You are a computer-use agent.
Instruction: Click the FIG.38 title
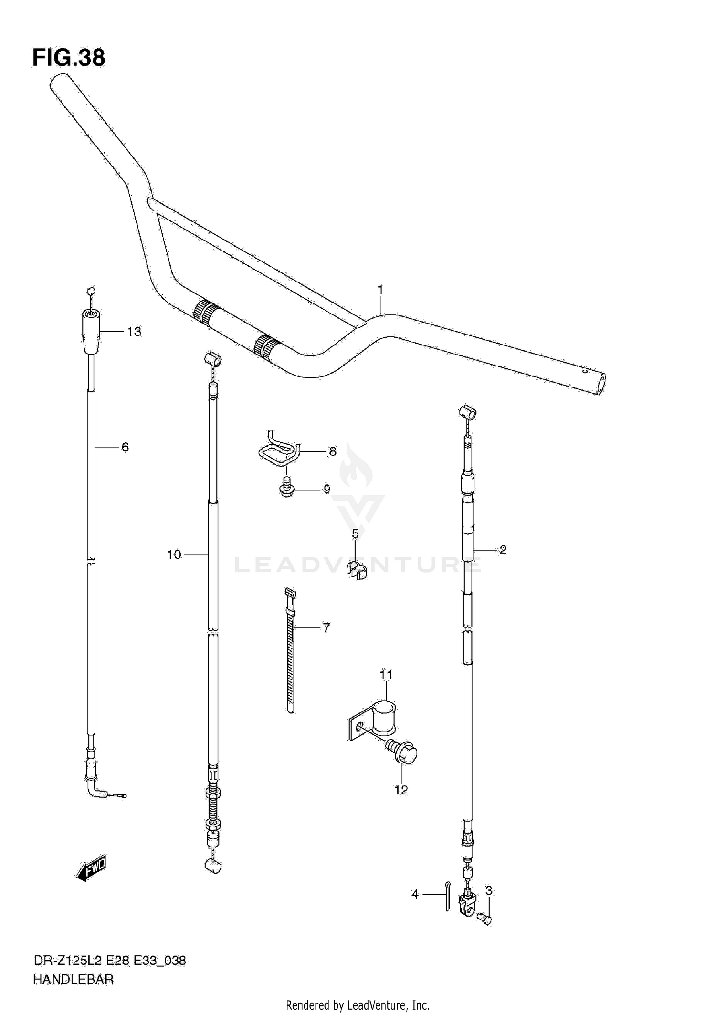click(69, 58)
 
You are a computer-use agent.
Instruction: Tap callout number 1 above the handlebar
click(380, 290)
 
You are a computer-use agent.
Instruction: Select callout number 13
click(134, 332)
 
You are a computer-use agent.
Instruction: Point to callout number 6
click(125, 447)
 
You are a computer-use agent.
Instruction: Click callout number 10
click(174, 554)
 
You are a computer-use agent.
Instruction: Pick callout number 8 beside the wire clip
click(333, 451)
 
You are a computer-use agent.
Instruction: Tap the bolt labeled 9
click(286, 489)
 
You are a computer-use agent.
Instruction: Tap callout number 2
click(503, 550)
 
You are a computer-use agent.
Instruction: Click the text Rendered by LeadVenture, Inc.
click(358, 1005)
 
